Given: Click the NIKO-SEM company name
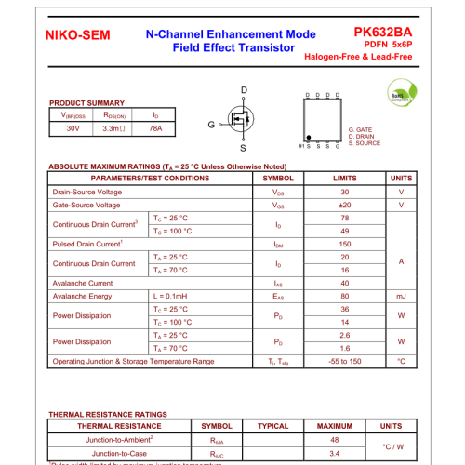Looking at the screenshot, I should pyautogui.click(x=77, y=36).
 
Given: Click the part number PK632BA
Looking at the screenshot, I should pyautogui.click(x=383, y=32).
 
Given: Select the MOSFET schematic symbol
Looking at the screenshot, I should pyautogui.click(x=241, y=121).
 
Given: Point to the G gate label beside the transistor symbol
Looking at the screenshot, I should pyautogui.click(x=211, y=124).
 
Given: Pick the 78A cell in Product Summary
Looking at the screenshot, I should pyautogui.click(x=155, y=128).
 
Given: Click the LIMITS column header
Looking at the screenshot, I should pyautogui.click(x=345, y=178).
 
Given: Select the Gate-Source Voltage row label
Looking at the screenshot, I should pyautogui.click(x=86, y=205).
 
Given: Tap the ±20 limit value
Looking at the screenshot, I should pyautogui.click(x=345, y=205).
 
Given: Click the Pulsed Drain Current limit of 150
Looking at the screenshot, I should pyautogui.click(x=345, y=244).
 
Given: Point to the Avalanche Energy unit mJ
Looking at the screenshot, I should pyautogui.click(x=401, y=296).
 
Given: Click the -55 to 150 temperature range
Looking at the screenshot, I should pyautogui.click(x=345, y=361).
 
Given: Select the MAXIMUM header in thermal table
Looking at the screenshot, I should pyautogui.click(x=335, y=425).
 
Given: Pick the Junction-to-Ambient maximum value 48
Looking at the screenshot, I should pyautogui.click(x=335, y=439).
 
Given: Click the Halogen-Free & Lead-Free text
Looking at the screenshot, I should pyautogui.click(x=358, y=57).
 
